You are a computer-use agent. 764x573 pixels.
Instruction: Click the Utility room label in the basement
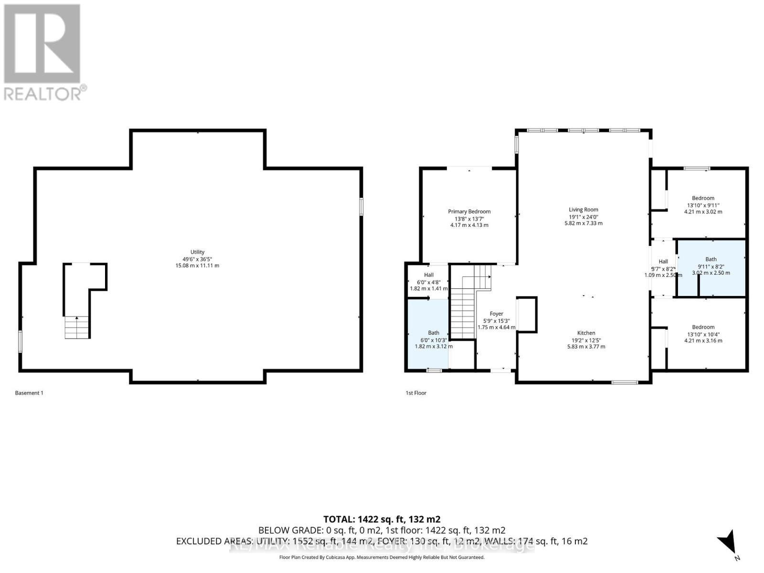[x=197, y=252]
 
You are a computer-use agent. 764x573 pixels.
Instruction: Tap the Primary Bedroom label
[x=469, y=212]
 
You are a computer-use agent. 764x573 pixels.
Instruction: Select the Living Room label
[x=583, y=210]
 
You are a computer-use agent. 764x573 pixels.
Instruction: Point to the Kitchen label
[x=586, y=333]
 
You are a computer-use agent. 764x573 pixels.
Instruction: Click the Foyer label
[x=496, y=314]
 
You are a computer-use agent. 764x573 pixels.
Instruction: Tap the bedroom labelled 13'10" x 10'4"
[x=703, y=334]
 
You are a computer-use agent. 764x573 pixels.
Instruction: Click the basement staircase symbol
[x=77, y=327]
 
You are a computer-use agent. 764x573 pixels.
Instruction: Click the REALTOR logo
[x=43, y=53]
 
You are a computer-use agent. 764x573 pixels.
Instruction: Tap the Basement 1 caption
[x=29, y=393]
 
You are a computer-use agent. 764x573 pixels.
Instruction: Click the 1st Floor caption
[x=415, y=393]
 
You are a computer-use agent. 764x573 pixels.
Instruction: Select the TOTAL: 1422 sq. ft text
[x=382, y=519]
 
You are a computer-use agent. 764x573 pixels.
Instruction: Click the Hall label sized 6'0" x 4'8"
[x=428, y=275]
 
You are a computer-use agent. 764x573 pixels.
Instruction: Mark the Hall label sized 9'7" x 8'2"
[x=663, y=262]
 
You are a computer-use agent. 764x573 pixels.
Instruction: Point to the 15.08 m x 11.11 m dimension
[x=197, y=265]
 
